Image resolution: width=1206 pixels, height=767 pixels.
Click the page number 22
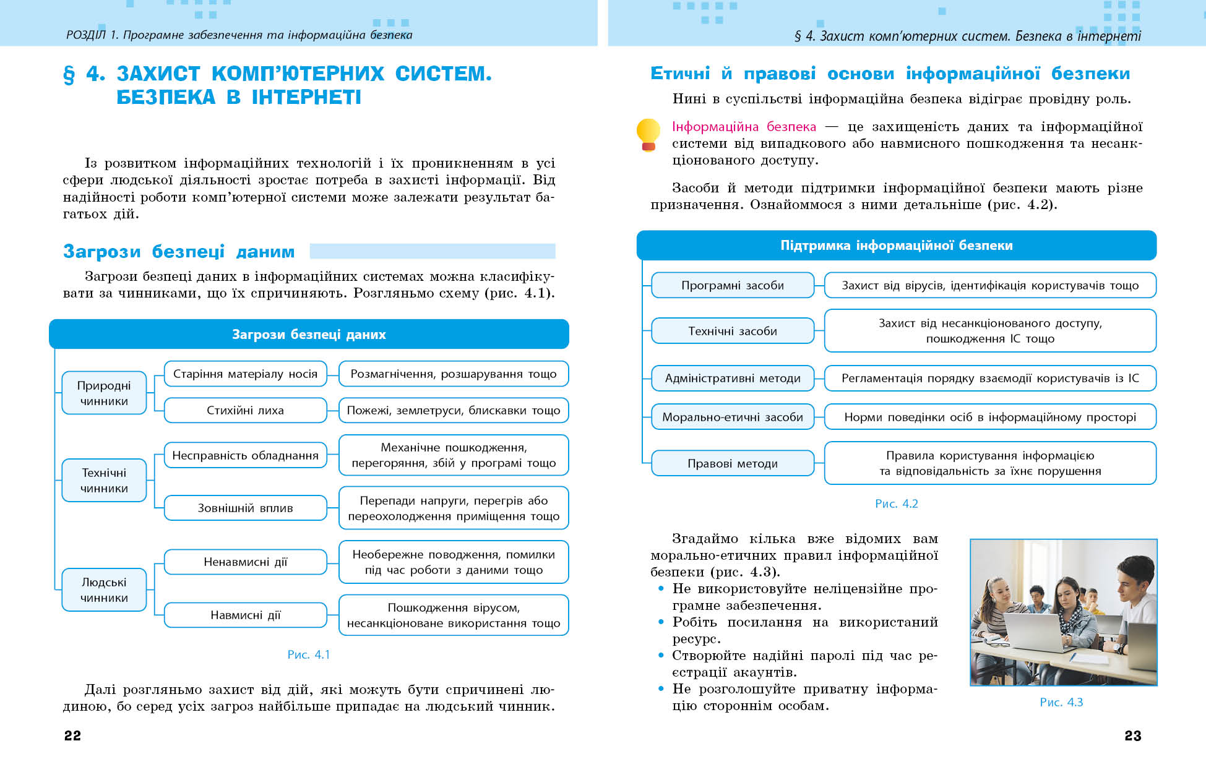(x=72, y=735)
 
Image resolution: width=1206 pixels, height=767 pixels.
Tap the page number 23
(x=1132, y=735)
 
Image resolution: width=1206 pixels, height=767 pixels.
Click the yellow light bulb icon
(x=648, y=134)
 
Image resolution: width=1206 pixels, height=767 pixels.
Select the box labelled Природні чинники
(x=104, y=393)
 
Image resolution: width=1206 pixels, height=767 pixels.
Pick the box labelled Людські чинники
(x=104, y=589)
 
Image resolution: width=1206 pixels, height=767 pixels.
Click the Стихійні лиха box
(x=245, y=410)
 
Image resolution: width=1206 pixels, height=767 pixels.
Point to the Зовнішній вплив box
(x=245, y=508)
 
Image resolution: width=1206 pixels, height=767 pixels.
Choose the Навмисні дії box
(x=245, y=615)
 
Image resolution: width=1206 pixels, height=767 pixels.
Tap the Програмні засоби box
(x=733, y=285)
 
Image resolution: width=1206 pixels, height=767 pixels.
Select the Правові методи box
(x=733, y=463)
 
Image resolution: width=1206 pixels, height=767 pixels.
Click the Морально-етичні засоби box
(x=733, y=417)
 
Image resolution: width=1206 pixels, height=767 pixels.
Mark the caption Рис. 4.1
(x=308, y=654)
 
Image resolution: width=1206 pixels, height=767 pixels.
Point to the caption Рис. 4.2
(x=896, y=503)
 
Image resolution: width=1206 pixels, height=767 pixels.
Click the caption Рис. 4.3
(x=1061, y=702)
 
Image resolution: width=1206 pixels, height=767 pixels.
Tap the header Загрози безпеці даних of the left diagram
(x=309, y=335)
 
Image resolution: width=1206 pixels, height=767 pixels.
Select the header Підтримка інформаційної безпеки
(x=896, y=246)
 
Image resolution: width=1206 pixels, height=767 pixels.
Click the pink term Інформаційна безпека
(x=744, y=127)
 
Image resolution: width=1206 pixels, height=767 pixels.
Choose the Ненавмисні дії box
(x=245, y=562)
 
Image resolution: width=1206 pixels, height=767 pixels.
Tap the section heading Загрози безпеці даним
(x=179, y=251)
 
